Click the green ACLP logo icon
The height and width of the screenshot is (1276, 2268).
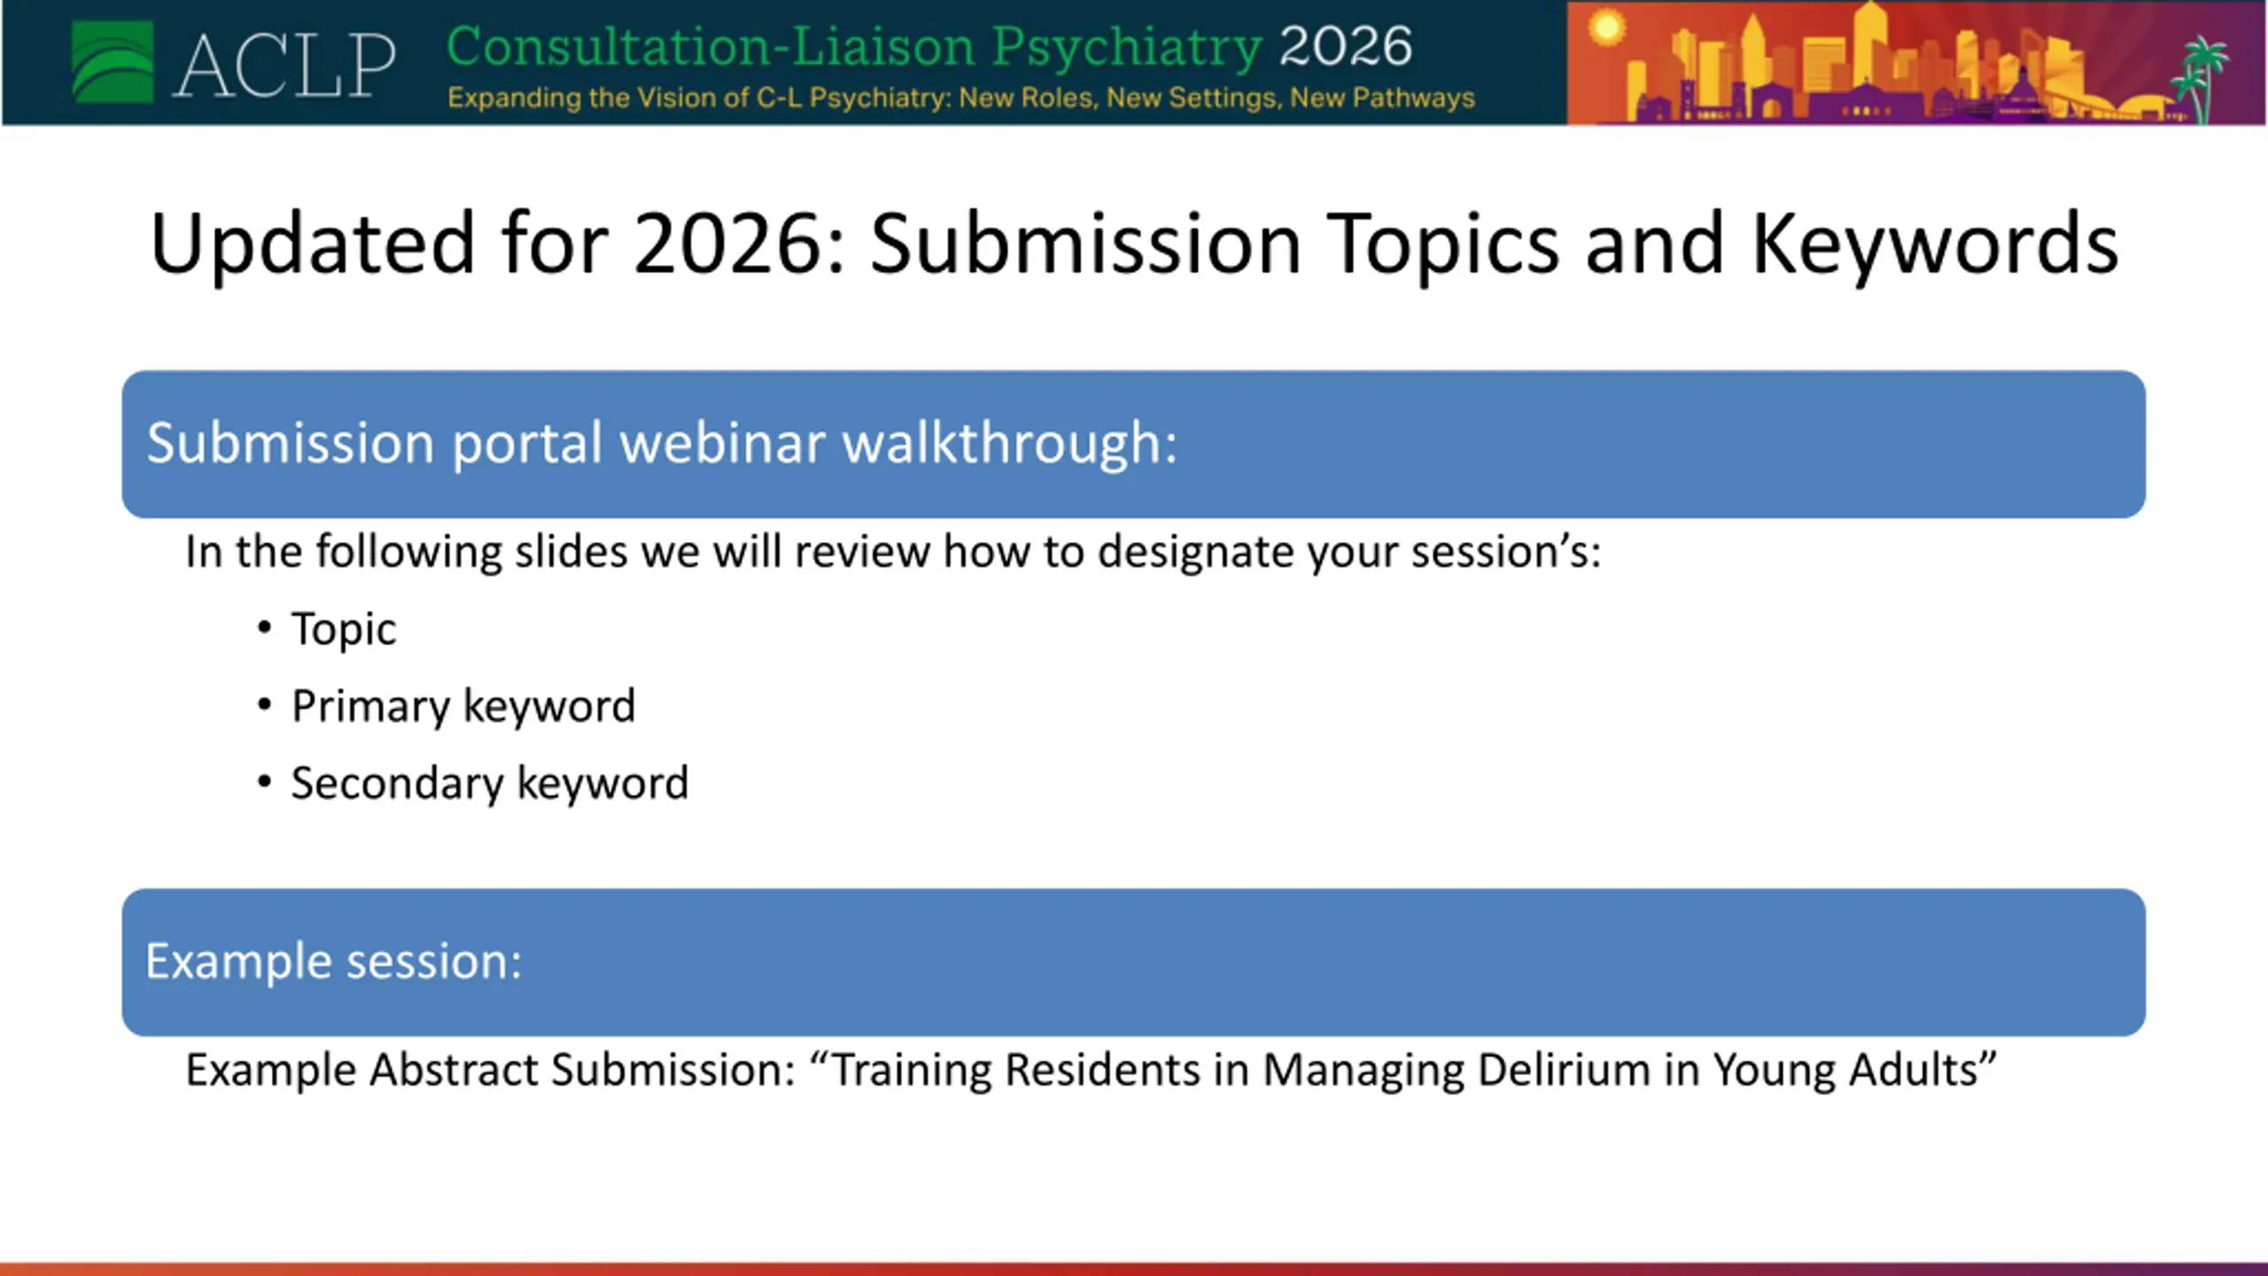click(113, 63)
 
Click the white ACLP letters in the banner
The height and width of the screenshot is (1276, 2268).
click(283, 66)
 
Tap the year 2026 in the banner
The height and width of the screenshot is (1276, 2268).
click(1346, 46)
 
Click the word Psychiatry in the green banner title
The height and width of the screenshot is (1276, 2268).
click(1127, 49)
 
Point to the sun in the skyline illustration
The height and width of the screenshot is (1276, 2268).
click(1606, 27)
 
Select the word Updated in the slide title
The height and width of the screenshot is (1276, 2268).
click(313, 244)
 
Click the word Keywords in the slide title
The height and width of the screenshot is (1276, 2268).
click(1935, 244)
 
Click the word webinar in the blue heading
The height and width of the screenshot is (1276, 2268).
click(722, 442)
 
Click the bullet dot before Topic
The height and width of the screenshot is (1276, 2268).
click(264, 627)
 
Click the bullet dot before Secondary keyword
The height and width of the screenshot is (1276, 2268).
click(264, 782)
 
